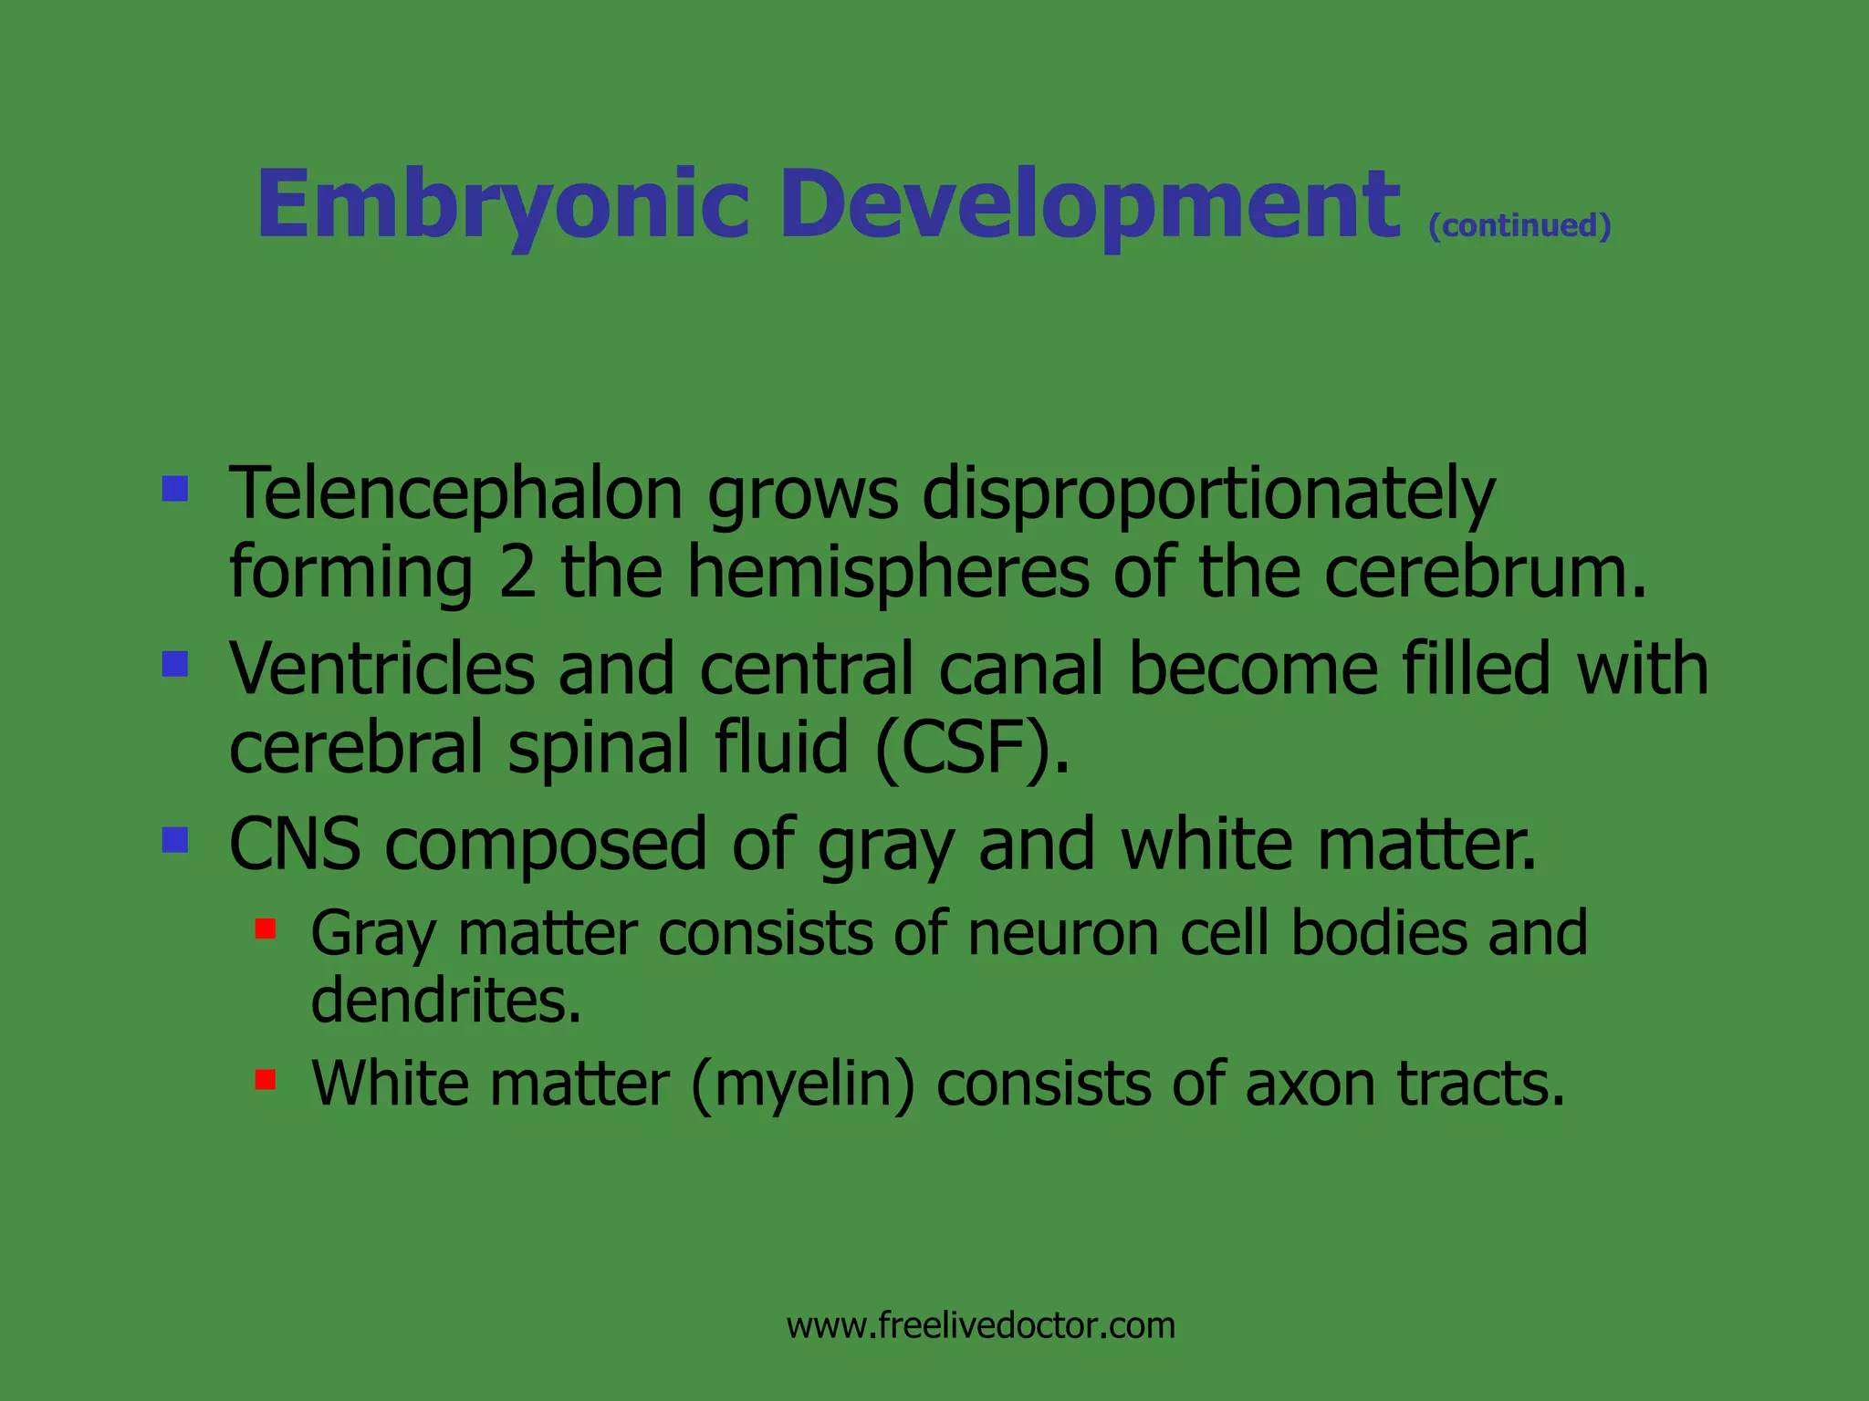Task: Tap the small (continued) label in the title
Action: coord(1519,225)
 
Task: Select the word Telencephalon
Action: coord(455,493)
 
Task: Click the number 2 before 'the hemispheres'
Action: coord(517,572)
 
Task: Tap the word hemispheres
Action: coord(888,572)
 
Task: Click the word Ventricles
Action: coord(381,669)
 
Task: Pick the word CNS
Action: coord(295,844)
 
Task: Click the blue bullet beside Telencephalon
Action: coord(175,490)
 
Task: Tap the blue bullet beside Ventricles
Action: coord(175,664)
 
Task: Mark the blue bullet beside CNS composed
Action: coord(175,839)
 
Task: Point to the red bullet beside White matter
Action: coord(266,1080)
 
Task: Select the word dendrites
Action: coord(445,1001)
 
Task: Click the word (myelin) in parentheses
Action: coord(802,1084)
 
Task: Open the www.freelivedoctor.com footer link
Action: coord(981,1325)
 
